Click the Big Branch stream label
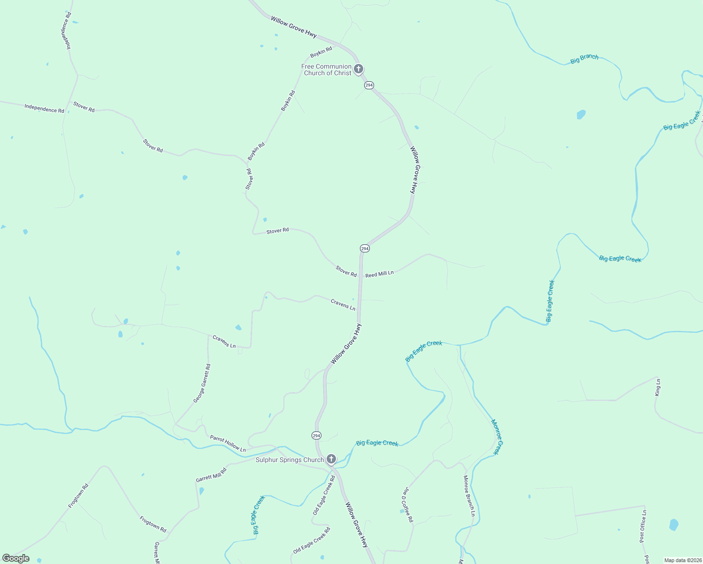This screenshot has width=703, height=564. (584, 59)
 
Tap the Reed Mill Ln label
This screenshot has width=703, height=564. (379, 274)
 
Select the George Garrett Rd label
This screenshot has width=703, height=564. (202, 383)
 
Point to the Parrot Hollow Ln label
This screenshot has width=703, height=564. (228, 444)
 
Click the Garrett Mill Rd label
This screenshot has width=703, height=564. (211, 475)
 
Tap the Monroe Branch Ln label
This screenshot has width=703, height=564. (469, 496)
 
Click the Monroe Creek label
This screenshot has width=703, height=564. (497, 437)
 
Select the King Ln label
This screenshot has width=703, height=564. (658, 387)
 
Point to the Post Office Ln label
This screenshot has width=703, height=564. (643, 526)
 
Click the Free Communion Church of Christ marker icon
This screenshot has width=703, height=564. (358, 70)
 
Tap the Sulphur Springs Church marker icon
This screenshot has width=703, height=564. (331, 459)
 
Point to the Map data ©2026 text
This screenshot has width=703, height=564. (682, 560)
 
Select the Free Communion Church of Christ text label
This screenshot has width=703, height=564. (327, 70)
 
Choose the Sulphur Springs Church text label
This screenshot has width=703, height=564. (289, 460)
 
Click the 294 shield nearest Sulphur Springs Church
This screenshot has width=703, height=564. (316, 436)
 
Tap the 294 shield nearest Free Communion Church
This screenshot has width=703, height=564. (369, 85)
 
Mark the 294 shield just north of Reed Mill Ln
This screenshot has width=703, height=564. (365, 248)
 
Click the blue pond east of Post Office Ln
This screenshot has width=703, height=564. (674, 525)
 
